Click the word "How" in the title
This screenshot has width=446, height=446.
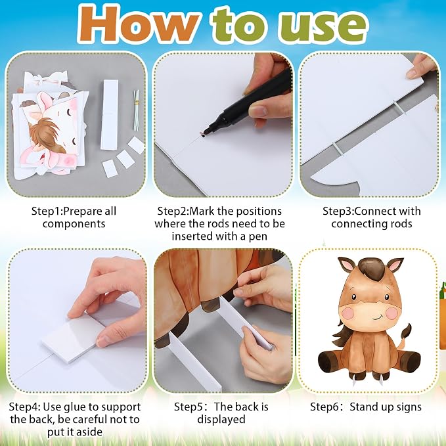point(138,25)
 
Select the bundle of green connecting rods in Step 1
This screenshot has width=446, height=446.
point(137,110)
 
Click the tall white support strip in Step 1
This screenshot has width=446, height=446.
point(109,114)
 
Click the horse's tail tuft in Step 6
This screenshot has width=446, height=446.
point(407,332)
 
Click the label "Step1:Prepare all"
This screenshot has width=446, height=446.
point(74,211)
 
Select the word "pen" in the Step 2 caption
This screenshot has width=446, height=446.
point(257,236)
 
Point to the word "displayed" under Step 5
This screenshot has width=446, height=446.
point(221,420)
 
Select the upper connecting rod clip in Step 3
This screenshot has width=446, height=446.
point(399,107)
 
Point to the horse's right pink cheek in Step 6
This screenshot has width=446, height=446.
point(392,313)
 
